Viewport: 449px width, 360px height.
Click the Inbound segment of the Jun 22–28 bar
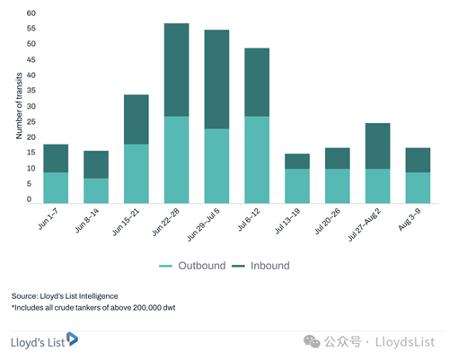tap(177, 70)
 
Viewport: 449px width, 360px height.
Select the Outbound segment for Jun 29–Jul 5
tap(216, 166)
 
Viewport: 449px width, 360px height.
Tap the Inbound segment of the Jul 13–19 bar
tap(297, 162)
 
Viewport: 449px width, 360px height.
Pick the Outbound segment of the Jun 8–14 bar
tap(96, 191)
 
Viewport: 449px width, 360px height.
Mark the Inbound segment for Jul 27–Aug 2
tap(378, 146)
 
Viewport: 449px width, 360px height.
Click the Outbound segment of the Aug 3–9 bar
tap(418, 188)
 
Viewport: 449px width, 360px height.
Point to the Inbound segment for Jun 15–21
tap(136, 119)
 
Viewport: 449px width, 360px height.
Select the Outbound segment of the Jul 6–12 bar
tap(257, 160)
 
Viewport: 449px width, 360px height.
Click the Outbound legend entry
tap(192, 266)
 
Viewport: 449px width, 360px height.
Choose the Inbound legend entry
tap(260, 266)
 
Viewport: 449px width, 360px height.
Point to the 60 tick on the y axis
tap(31, 13)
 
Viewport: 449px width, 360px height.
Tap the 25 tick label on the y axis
tap(31, 122)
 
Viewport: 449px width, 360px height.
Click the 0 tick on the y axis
tap(29, 199)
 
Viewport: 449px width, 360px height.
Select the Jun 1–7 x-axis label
tap(48, 219)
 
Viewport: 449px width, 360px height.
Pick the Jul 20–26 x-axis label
tap(328, 222)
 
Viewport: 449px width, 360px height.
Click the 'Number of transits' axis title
tap(19, 106)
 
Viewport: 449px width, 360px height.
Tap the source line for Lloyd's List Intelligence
tap(65, 296)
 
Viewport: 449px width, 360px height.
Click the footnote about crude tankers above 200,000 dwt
tap(93, 308)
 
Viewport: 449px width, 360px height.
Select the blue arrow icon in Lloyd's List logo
tap(72, 338)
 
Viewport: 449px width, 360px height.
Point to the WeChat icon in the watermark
tap(312, 342)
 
